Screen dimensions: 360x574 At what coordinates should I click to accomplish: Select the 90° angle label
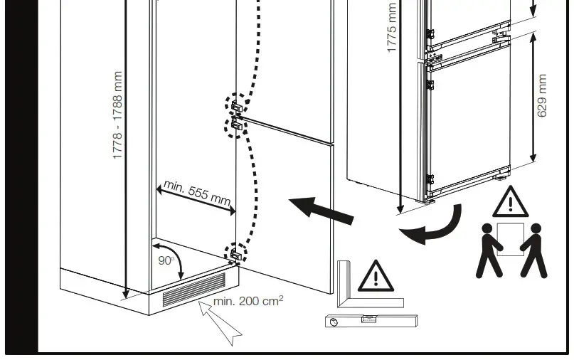tap(165, 260)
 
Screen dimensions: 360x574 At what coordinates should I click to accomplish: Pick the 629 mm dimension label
tap(543, 96)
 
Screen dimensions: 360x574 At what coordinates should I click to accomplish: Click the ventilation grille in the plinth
tap(193, 290)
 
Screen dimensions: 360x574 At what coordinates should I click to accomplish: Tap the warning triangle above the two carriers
tap(509, 203)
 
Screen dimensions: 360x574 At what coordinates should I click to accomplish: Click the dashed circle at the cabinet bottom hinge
tap(236, 253)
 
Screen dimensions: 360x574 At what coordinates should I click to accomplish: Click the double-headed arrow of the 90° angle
tap(179, 262)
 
